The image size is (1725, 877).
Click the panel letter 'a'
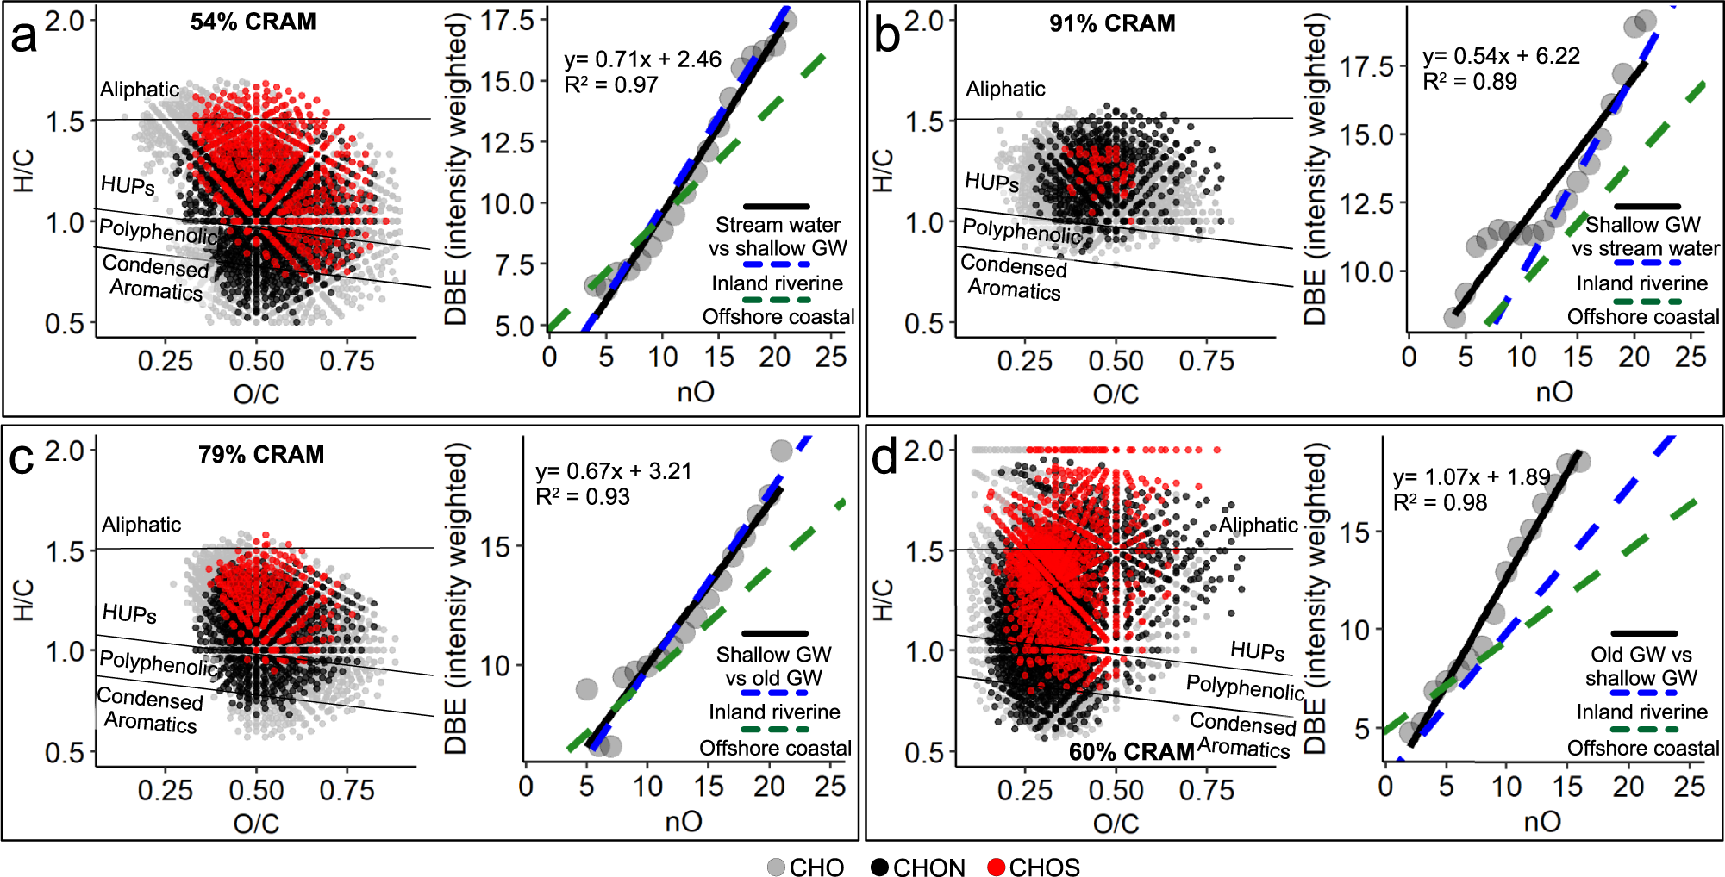[x=23, y=37]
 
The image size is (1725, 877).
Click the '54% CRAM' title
[x=253, y=22]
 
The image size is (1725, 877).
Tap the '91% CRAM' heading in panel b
[x=1112, y=23]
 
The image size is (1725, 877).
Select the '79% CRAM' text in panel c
[x=261, y=454]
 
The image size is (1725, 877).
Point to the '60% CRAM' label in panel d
[x=1131, y=752]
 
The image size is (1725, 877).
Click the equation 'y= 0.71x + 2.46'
[x=642, y=59]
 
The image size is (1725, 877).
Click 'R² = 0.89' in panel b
[x=1470, y=82]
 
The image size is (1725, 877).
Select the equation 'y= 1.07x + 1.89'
[x=1471, y=477]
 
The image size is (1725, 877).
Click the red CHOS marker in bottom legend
[x=997, y=868]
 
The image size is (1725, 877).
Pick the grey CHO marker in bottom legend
[x=777, y=868]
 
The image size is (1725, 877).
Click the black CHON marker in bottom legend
[x=879, y=868]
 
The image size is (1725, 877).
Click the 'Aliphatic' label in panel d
[x=1258, y=525]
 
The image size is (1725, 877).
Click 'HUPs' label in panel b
[x=991, y=183]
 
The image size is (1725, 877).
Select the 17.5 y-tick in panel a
[x=508, y=20]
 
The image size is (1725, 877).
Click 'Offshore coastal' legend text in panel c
[x=775, y=748]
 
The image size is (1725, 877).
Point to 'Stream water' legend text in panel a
[x=778, y=225]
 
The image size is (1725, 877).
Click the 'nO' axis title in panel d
[x=1542, y=821]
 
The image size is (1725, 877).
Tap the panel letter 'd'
[x=884, y=457]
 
